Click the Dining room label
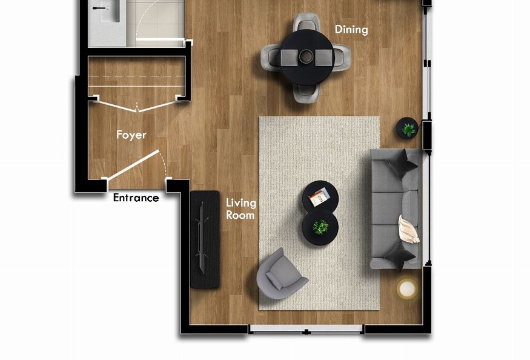351,30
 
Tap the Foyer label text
131,135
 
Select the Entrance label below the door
136,198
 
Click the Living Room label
241,209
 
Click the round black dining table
306,57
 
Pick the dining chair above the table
306,22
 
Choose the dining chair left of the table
271,58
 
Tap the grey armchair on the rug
280,275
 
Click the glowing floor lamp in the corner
407,288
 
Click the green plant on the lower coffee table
320,227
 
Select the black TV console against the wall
205,239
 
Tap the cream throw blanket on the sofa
408,230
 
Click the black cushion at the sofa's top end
402,164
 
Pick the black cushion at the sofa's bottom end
399,256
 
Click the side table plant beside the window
407,128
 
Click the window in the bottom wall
306,329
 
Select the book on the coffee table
319,196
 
